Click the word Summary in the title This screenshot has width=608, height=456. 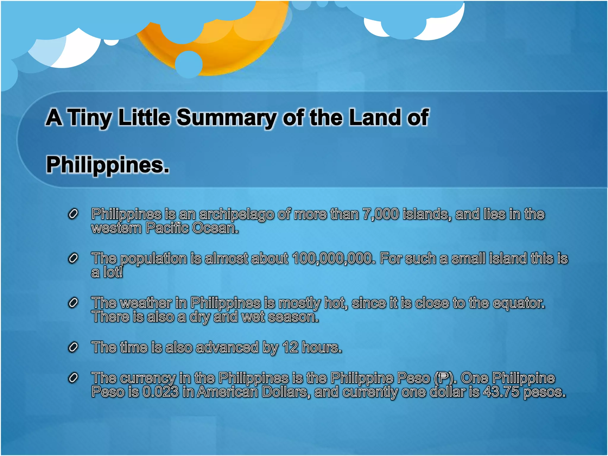(226, 118)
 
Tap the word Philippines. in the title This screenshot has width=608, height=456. (108, 165)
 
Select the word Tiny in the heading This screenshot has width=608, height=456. (90, 118)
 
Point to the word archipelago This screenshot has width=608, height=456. (236, 215)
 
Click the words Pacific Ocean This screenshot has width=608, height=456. (192, 228)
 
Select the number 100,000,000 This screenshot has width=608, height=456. (332, 258)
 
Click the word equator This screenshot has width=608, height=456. (519, 303)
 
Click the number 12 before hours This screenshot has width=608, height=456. (290, 347)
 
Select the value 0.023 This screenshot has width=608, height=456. (161, 392)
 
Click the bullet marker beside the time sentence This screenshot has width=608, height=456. (73, 347)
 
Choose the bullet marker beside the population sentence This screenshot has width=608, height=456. (73, 258)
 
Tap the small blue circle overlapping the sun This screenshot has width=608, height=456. (189, 64)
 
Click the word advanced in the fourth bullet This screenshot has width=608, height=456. (227, 347)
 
